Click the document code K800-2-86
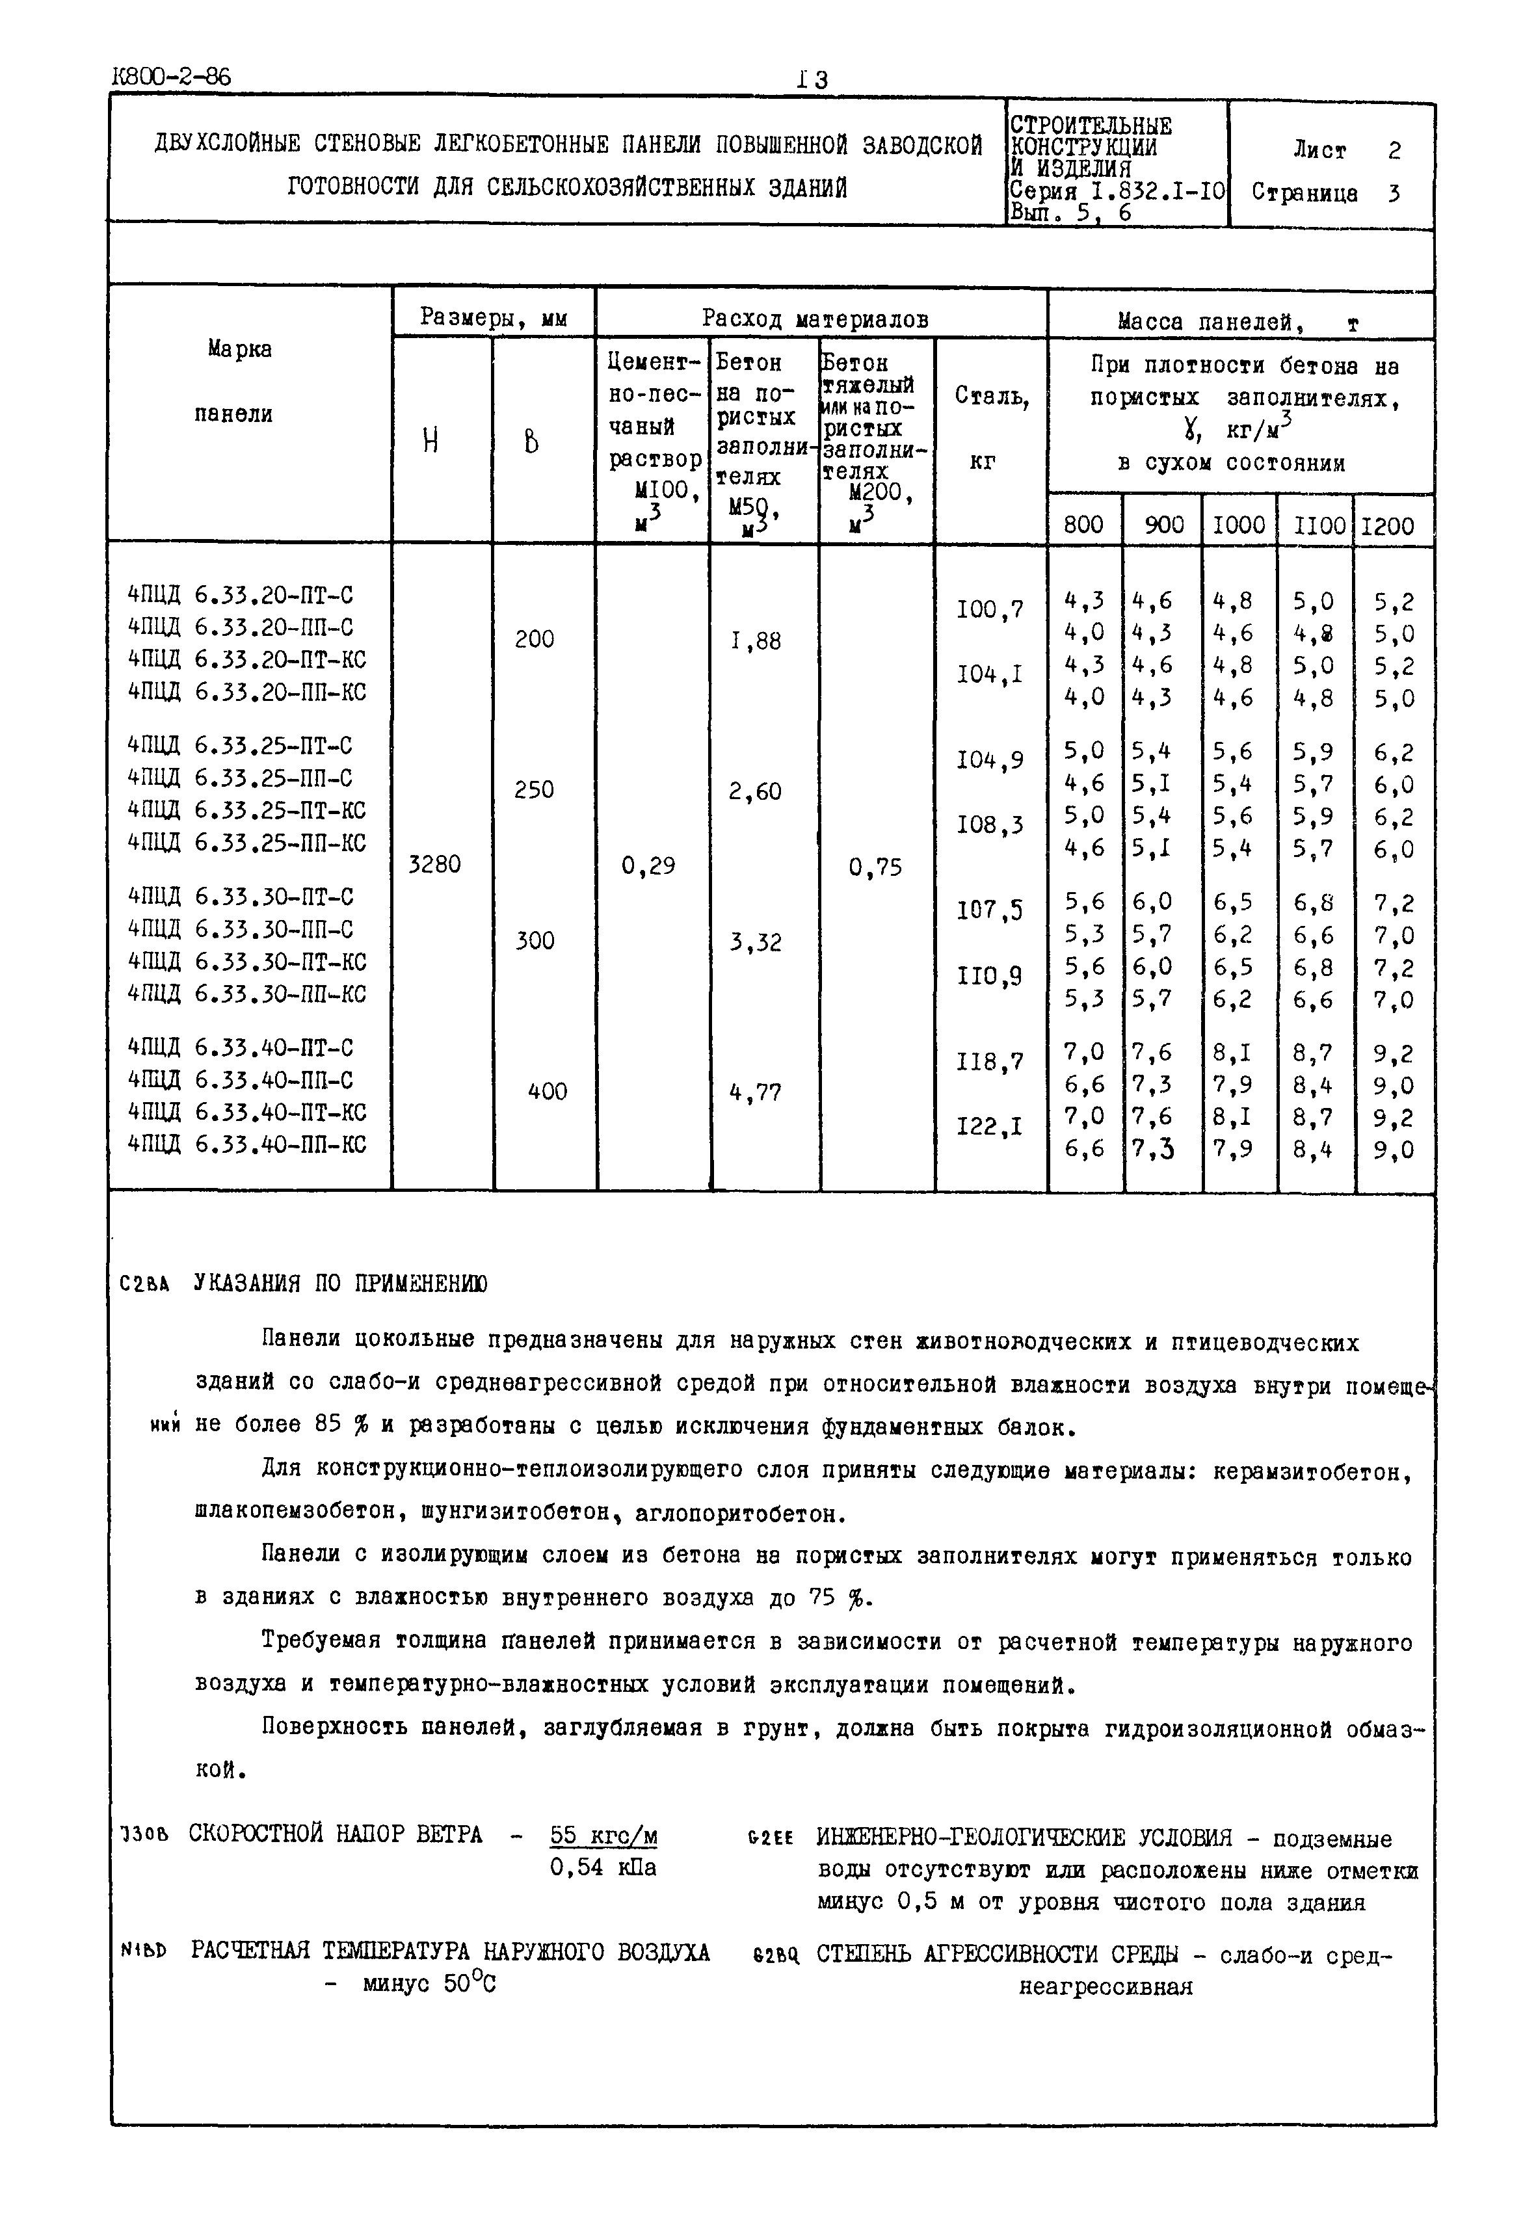point(171,77)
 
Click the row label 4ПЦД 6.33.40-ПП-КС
point(246,1144)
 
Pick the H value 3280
point(434,864)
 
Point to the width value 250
point(534,789)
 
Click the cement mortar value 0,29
point(648,866)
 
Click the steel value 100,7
point(989,609)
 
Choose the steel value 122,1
point(989,1126)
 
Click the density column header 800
point(1083,525)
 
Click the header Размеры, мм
point(494,317)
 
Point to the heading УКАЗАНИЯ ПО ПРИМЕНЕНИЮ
point(339,1283)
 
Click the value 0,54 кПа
point(603,1867)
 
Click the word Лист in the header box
point(1319,150)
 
